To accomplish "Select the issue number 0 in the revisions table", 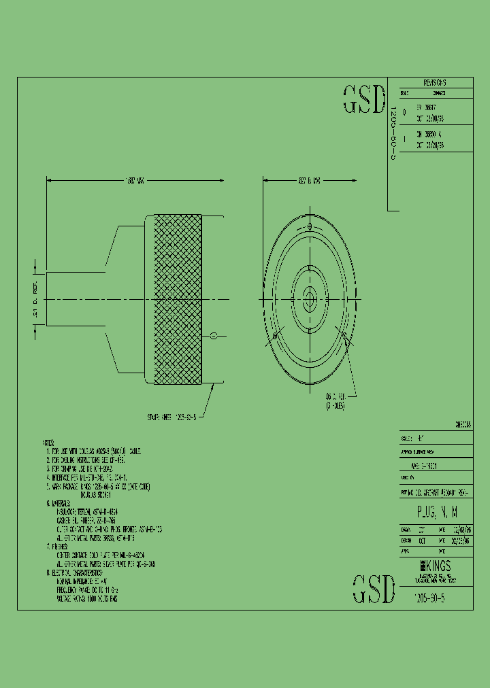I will click(x=405, y=111).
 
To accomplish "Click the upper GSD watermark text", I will click(x=363, y=99).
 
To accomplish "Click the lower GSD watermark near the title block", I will click(x=374, y=589).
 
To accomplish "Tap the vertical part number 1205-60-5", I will click(x=391, y=133).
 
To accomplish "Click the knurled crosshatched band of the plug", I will click(x=178, y=299).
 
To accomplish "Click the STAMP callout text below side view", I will click(x=171, y=417).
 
